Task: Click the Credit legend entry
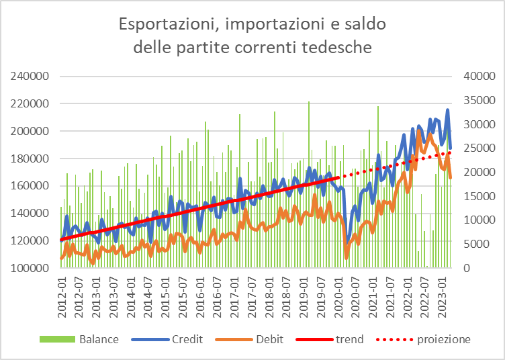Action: [x=187, y=339]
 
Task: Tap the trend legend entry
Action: [x=349, y=339]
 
